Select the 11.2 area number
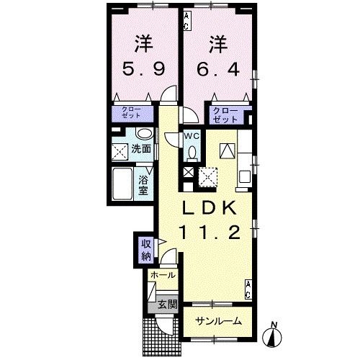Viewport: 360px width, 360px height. [x=208, y=233]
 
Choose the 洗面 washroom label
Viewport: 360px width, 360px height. [x=141, y=149]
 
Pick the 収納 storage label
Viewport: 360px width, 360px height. [x=145, y=248]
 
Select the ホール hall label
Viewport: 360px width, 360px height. [x=161, y=275]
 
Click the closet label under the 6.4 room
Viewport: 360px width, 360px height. [x=225, y=114]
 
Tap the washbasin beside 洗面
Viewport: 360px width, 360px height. [x=143, y=134]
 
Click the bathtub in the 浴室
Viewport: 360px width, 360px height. [x=123, y=186]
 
